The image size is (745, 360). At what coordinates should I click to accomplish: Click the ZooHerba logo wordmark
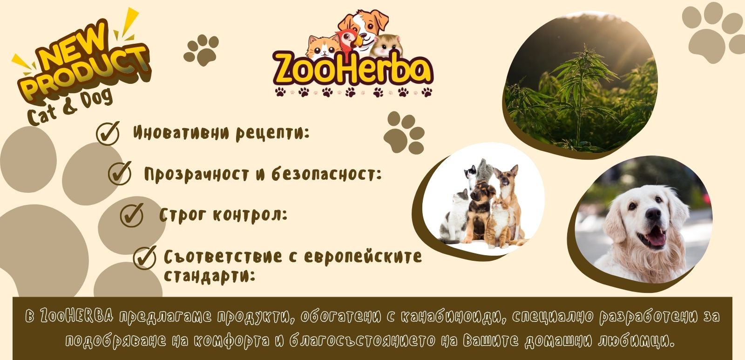[353, 70]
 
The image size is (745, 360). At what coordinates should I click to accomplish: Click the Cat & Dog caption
[70, 107]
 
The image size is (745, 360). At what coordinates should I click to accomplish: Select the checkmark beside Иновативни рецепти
[108, 133]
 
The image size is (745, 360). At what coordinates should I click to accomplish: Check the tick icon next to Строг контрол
[132, 215]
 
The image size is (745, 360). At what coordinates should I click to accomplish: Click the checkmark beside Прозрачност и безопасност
[120, 173]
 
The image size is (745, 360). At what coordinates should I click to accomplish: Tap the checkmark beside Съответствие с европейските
[145, 258]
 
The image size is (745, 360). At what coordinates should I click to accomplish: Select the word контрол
[250, 215]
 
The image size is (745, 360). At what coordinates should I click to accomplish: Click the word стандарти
[210, 276]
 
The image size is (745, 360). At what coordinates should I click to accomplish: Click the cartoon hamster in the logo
[387, 45]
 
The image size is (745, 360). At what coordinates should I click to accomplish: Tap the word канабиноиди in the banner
[452, 317]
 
